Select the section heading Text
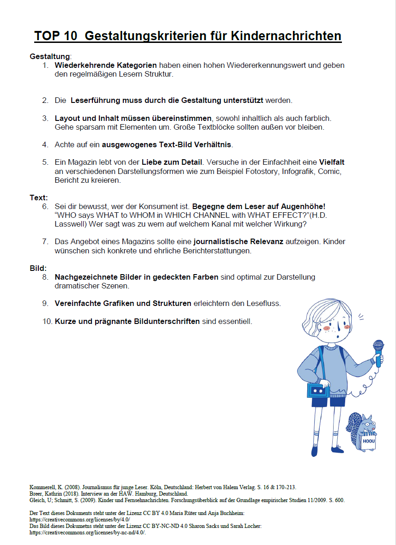pos(38,198)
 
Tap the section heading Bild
pos(38,268)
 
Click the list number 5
pos(45,162)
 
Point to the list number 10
pos(47,321)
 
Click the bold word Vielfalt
pos(331,162)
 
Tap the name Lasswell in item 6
pos(70,224)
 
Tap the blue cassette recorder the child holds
pos(318,390)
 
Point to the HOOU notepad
pos(369,442)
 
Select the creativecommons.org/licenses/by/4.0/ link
pos(74,520)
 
